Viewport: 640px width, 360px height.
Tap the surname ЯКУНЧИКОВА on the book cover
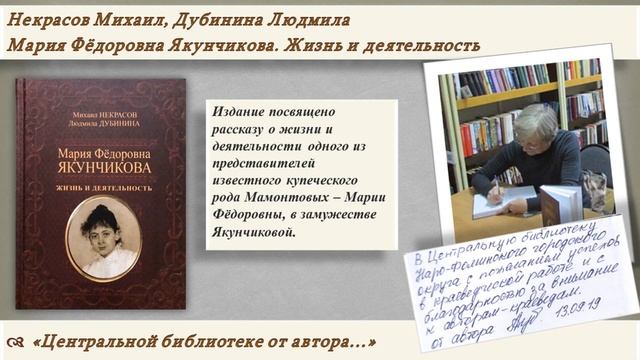[103, 170]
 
